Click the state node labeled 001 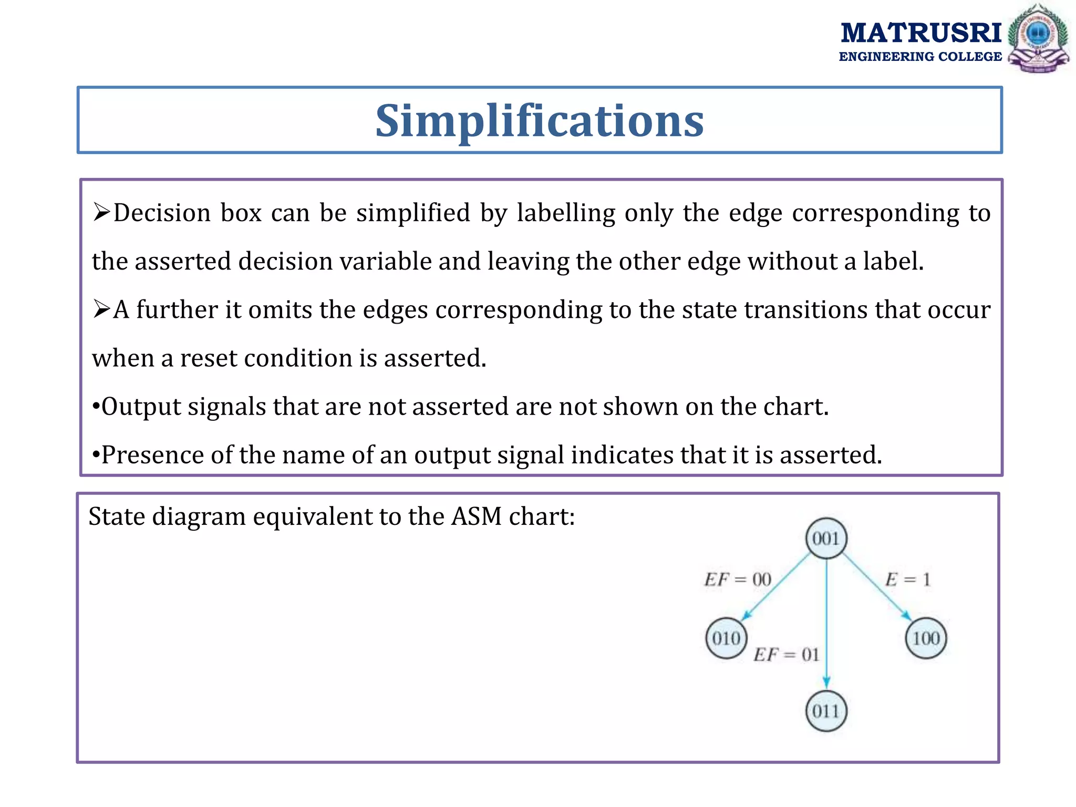pyautogui.click(x=826, y=538)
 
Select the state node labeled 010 pyautogui.click(x=726, y=638)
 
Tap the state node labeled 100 pyautogui.click(x=926, y=638)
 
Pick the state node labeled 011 pyautogui.click(x=826, y=711)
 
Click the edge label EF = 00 pyautogui.click(x=738, y=580)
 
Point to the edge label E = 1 pyautogui.click(x=907, y=580)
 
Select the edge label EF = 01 pyautogui.click(x=787, y=655)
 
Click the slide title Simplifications pyautogui.click(x=540, y=121)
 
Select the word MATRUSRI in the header pyautogui.click(x=920, y=33)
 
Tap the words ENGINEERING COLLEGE pyautogui.click(x=920, y=57)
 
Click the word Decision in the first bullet pyautogui.click(x=162, y=213)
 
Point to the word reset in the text pyautogui.click(x=208, y=358)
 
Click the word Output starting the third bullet pyautogui.click(x=140, y=407)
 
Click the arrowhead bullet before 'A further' pyautogui.click(x=101, y=309)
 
